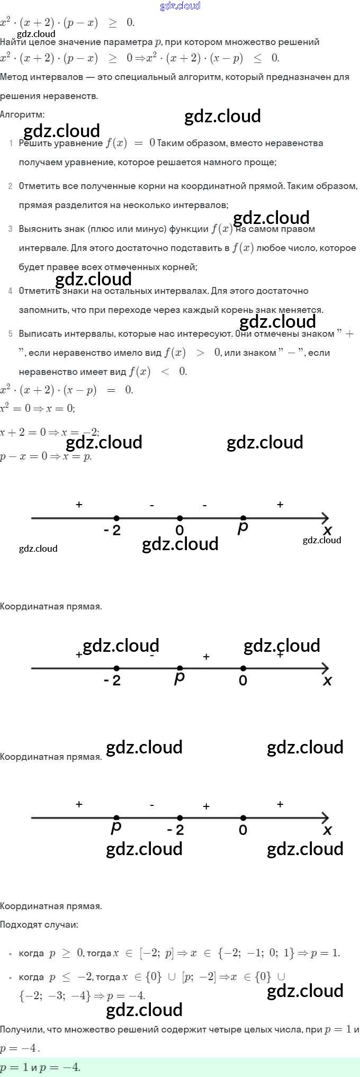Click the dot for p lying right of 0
[x=243, y=518]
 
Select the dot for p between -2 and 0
[x=179, y=668]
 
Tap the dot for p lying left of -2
[x=116, y=818]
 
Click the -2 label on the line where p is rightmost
[x=112, y=530]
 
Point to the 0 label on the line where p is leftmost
[x=243, y=830]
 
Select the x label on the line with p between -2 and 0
[x=327, y=680]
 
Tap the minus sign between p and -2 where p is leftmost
[x=152, y=805]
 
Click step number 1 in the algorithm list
[x=11, y=143]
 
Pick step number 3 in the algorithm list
[x=11, y=229]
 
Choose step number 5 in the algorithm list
[x=11, y=334]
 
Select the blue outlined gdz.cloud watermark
[x=180, y=6]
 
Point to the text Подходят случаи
[x=39, y=925]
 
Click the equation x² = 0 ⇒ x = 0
[x=38, y=408]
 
